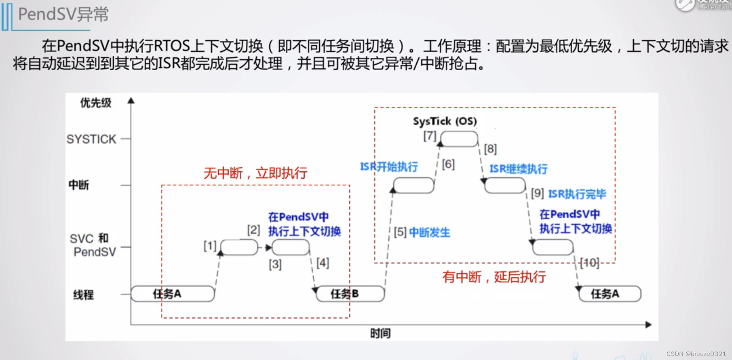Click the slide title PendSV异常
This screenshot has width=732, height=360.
point(63,15)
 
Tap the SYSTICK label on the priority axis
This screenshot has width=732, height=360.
point(91,139)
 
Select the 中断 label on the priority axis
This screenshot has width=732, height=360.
point(79,185)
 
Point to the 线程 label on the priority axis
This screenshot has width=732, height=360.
point(83,295)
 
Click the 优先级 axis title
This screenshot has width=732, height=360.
point(96,103)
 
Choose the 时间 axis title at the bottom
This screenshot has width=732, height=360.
point(380,333)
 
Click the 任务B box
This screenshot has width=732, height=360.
point(350,294)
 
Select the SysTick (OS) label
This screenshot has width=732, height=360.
point(445,121)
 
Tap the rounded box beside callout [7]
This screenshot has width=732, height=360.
point(459,139)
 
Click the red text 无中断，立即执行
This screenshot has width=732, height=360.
point(255,173)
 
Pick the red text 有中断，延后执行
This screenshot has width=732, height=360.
point(494,277)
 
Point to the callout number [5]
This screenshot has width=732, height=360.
point(400,232)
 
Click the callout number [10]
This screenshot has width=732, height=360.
point(589,263)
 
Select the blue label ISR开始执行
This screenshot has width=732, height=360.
point(389,167)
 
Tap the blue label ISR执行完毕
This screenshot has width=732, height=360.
point(577,194)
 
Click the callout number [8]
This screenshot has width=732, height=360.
point(490,149)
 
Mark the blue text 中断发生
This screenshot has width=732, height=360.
point(429,233)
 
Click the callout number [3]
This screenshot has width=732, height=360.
point(275,265)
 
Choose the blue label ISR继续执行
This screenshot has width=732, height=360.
point(519,169)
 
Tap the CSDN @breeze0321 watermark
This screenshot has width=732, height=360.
point(696,354)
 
